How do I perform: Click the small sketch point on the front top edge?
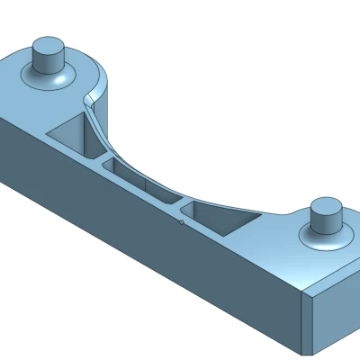[x=182, y=220]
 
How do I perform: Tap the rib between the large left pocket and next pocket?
[x=103, y=160]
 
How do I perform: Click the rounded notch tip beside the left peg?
[x=90, y=94]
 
